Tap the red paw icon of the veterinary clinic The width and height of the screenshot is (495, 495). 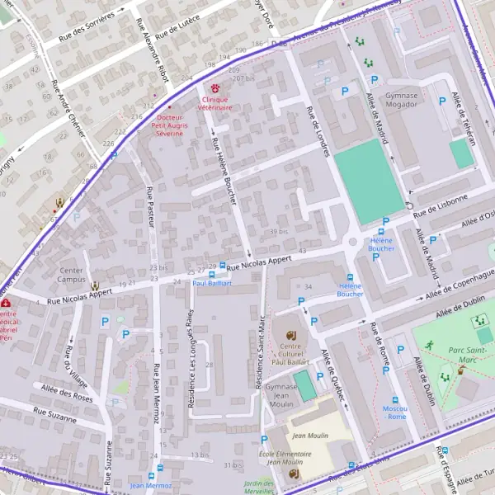coord(217,87)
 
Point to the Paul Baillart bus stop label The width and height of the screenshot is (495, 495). coord(212,283)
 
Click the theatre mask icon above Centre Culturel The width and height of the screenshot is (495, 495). coord(290,334)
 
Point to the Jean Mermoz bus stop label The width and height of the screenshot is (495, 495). coord(150,486)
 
